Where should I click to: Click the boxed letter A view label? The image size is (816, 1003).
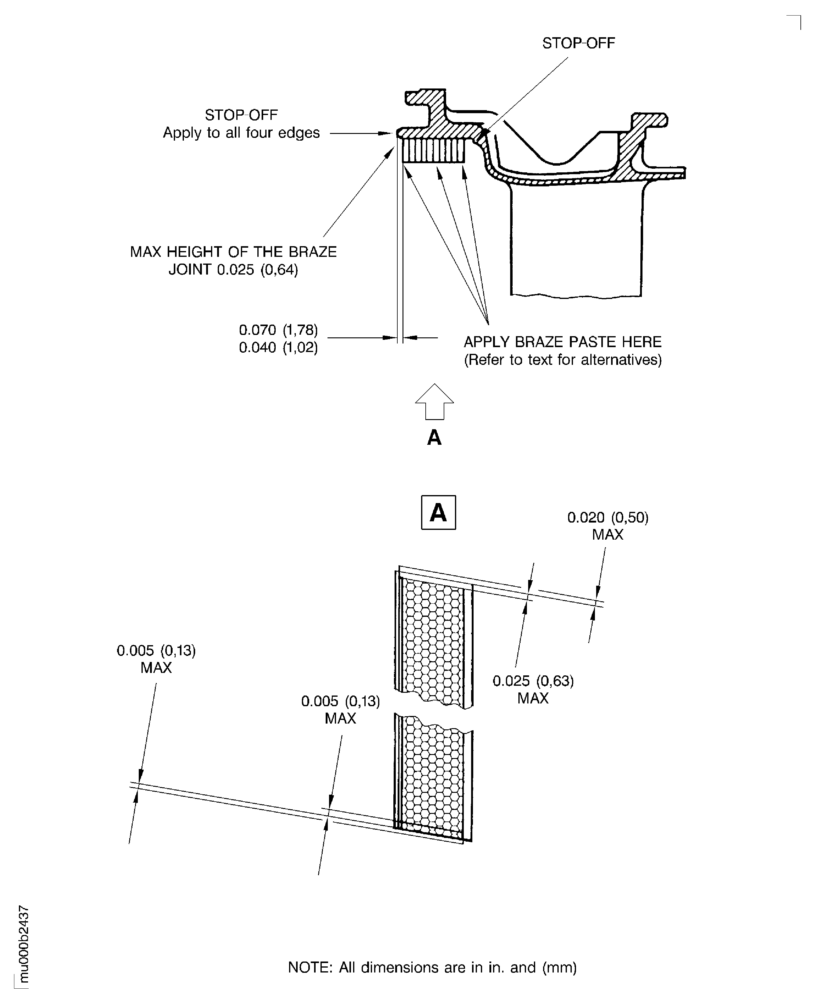pos(438,512)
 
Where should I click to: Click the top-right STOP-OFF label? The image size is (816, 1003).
pos(578,43)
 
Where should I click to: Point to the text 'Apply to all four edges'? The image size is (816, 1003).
pos(241,133)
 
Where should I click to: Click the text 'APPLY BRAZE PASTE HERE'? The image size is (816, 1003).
pos(563,342)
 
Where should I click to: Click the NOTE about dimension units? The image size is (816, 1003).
pos(432,967)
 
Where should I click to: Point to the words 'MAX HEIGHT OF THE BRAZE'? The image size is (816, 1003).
pos(233,252)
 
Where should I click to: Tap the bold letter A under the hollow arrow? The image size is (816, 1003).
pos(434,438)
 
